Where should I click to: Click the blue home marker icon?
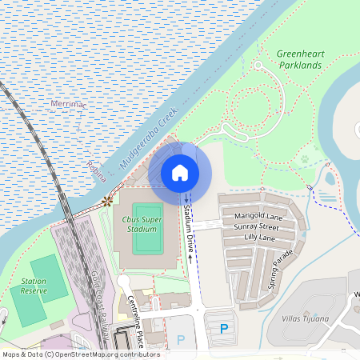click(x=180, y=172)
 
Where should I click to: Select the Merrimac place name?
click(x=66, y=104)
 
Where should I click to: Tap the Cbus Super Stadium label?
click(x=142, y=223)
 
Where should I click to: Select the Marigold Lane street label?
click(x=258, y=216)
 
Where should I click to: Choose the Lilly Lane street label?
click(x=259, y=238)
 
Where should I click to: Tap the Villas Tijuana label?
click(x=306, y=318)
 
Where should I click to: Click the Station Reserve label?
click(x=34, y=286)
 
